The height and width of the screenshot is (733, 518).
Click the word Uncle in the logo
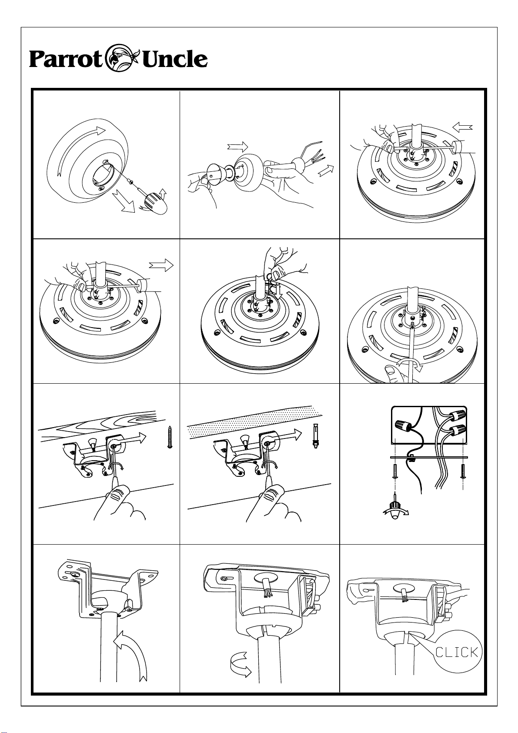click(x=175, y=59)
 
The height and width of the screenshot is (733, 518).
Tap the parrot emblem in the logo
click(x=123, y=57)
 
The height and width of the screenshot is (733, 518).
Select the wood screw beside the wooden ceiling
click(x=170, y=437)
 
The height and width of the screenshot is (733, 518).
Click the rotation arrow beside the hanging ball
click(x=241, y=668)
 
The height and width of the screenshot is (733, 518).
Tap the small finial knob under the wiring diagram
click(x=396, y=514)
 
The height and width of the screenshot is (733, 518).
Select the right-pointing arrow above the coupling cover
click(x=238, y=147)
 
